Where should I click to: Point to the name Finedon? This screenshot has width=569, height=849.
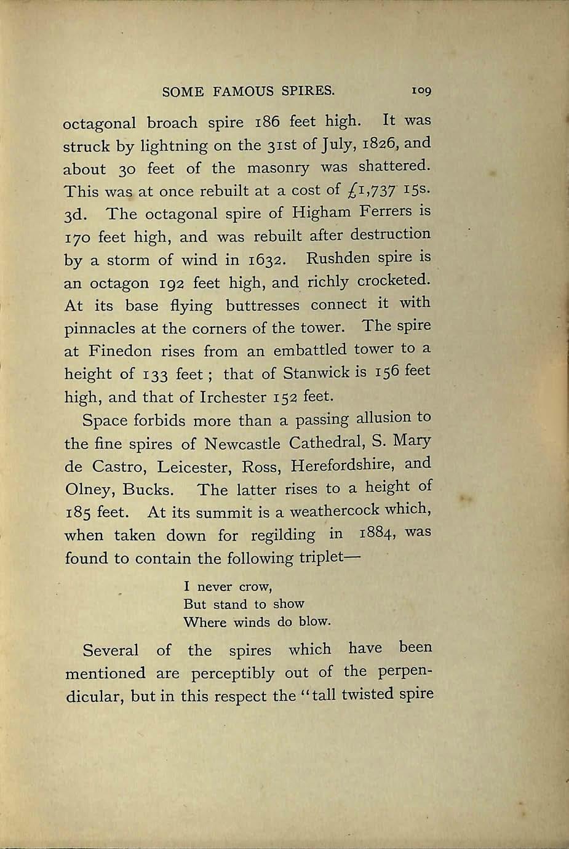(x=120, y=351)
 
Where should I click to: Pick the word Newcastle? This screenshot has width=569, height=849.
(x=242, y=444)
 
